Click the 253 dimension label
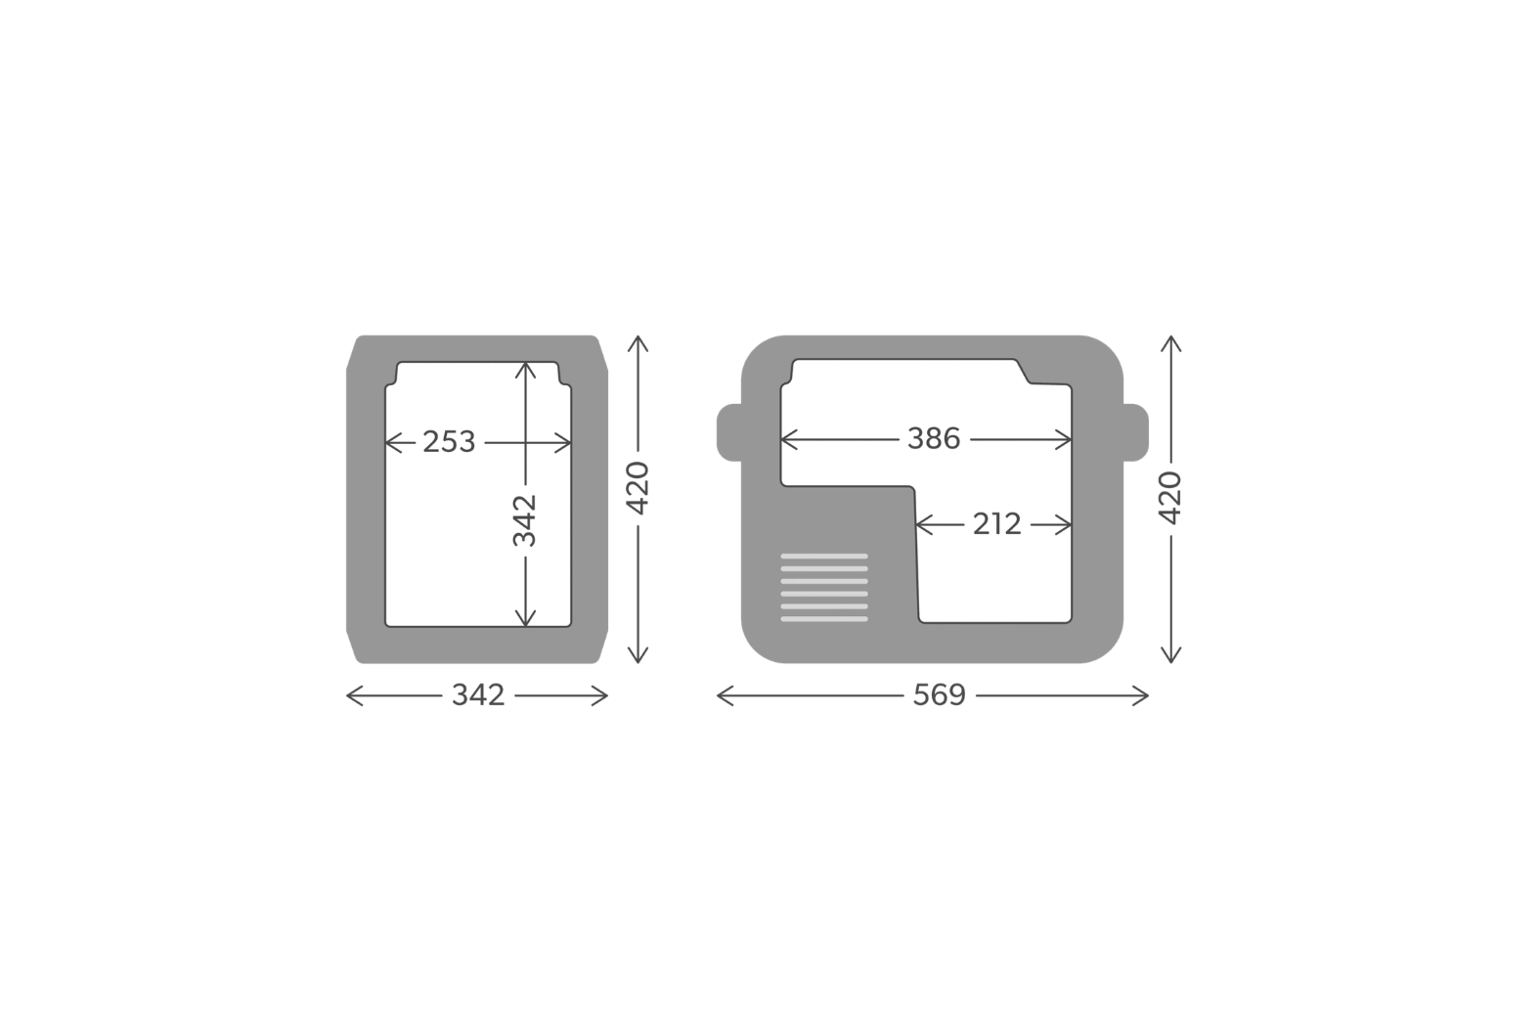tap(449, 442)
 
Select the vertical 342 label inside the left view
tap(524, 520)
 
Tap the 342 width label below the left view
tap(478, 695)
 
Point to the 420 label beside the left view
tap(638, 488)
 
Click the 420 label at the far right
tap(1170, 498)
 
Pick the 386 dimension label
tap(934, 439)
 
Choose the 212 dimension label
tap(997, 525)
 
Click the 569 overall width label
tap(939, 695)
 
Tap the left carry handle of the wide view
tap(729, 432)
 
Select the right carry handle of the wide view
tap(1136, 432)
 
